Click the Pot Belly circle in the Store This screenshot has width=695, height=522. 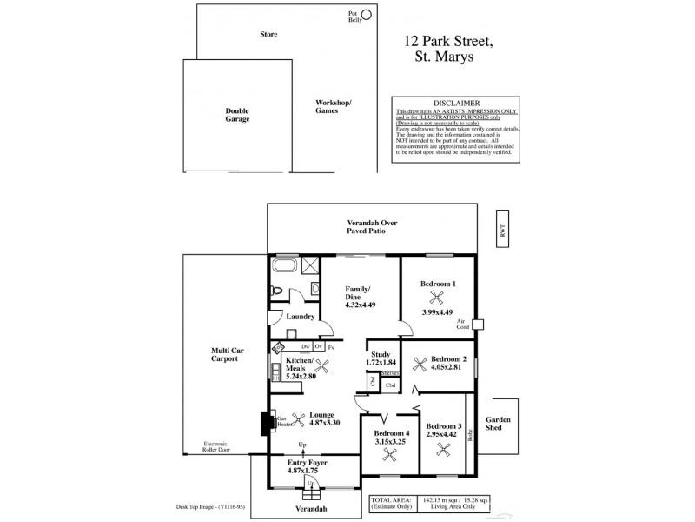point(367,14)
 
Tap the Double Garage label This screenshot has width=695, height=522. point(237,114)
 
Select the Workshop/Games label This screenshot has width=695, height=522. point(333,106)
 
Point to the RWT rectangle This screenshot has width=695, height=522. point(501,231)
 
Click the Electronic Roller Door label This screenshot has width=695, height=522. point(215,447)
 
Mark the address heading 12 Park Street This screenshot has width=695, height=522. point(449,40)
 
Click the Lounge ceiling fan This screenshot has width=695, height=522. point(298,416)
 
